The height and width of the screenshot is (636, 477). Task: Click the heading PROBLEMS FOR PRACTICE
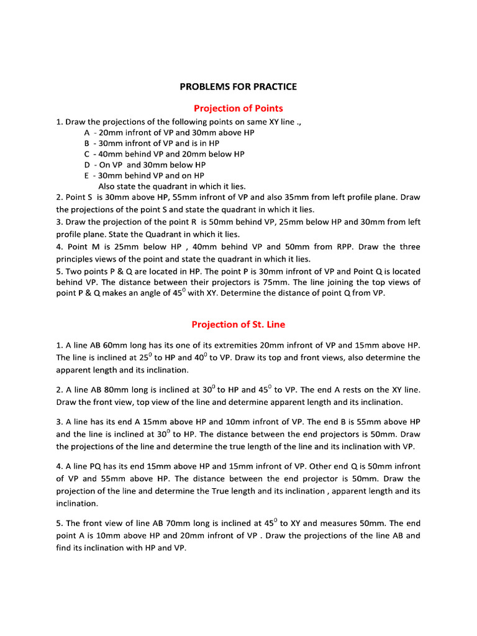tap(238, 86)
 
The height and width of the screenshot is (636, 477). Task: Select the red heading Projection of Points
tap(238, 108)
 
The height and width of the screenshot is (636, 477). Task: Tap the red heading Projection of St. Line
tap(238, 324)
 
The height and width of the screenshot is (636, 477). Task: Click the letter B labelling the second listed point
tap(86, 143)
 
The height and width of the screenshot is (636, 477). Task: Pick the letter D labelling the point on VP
tap(87, 165)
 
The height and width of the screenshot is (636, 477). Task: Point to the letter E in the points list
tap(86, 176)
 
